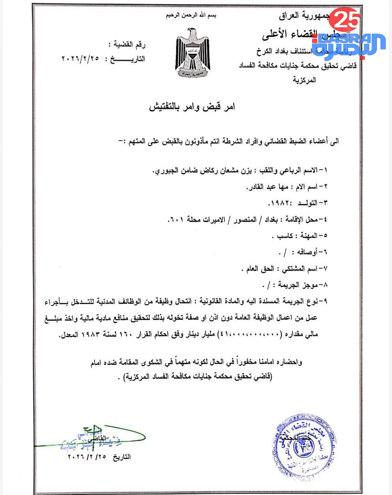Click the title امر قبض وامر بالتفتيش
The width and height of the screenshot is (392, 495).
click(x=192, y=107)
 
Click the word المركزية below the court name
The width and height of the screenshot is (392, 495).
click(x=304, y=80)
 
